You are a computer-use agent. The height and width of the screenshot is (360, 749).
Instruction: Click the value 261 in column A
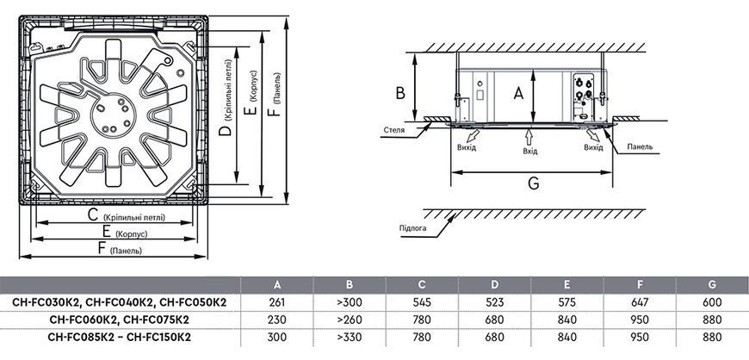click(x=277, y=302)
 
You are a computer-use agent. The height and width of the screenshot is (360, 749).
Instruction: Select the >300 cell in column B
click(x=350, y=302)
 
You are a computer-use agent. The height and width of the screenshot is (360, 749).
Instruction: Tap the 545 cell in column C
click(x=422, y=302)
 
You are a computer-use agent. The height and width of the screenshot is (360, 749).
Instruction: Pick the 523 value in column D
click(x=494, y=302)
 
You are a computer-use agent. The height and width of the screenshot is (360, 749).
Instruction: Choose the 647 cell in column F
click(x=640, y=302)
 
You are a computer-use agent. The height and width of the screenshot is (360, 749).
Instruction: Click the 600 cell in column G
click(x=712, y=302)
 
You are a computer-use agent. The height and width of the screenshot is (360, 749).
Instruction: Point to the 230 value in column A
click(x=277, y=320)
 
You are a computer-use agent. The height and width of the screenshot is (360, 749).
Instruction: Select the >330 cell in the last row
click(x=350, y=337)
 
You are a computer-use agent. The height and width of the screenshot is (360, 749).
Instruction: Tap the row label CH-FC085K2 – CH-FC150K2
click(x=120, y=337)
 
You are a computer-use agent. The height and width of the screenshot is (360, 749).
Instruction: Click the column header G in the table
click(x=712, y=285)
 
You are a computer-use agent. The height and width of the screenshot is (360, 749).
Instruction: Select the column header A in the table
click(x=277, y=285)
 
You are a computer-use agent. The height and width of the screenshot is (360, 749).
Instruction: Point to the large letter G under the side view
click(x=533, y=183)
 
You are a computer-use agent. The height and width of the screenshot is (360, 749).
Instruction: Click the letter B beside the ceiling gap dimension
click(x=400, y=93)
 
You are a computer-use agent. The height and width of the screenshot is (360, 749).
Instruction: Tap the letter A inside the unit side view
click(x=518, y=94)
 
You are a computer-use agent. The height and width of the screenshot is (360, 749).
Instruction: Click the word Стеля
click(x=394, y=129)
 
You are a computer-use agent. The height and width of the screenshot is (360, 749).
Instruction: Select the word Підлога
click(x=412, y=227)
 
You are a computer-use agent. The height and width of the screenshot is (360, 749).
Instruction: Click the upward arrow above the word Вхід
click(x=529, y=138)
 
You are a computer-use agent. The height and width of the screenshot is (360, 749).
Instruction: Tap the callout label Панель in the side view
click(x=640, y=146)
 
